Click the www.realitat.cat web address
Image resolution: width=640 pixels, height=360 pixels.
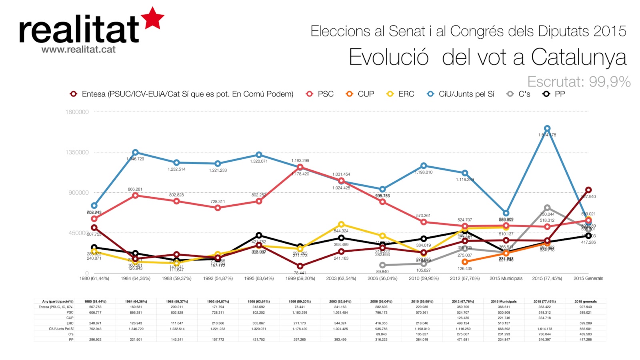(78, 50)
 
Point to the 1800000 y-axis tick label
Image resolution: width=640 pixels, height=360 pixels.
(77, 112)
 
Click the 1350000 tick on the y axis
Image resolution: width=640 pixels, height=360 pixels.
(77, 152)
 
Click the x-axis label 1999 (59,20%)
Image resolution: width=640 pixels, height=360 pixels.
(300, 278)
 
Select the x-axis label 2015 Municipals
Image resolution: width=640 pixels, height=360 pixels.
(506, 278)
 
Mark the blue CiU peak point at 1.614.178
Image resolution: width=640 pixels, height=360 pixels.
(547, 128)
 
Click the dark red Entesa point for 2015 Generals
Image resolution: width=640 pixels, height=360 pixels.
(588, 190)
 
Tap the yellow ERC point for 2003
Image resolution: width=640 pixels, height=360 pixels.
(341, 224)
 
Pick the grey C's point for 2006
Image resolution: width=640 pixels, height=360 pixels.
(382, 265)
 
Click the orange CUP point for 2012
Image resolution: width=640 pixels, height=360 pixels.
(465, 262)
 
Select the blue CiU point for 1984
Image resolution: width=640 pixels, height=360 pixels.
(136, 152)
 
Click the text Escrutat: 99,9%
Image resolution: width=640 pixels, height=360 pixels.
(579, 82)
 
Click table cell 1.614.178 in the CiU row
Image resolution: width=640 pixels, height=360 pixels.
(544, 329)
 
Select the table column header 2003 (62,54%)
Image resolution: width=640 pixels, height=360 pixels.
(340, 302)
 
